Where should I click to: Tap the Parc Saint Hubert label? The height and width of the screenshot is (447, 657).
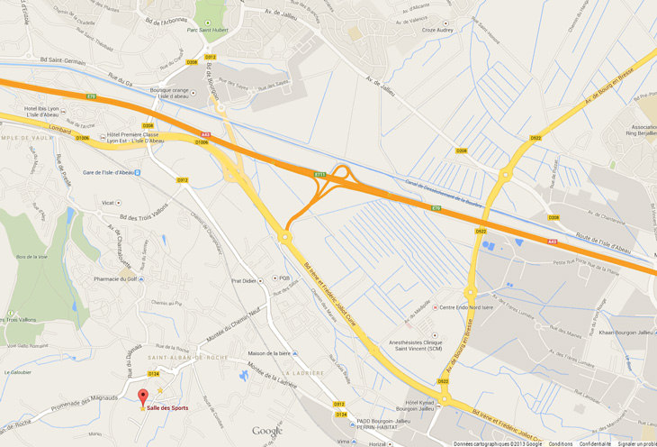[x=205, y=29]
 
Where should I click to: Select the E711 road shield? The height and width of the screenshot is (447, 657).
[x=319, y=174]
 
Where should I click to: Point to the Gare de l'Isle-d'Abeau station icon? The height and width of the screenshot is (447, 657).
[x=137, y=172]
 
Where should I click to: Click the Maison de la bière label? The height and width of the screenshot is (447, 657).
[x=269, y=352]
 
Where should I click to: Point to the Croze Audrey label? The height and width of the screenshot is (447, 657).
[x=437, y=30]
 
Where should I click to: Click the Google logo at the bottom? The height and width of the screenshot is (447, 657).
[x=267, y=431]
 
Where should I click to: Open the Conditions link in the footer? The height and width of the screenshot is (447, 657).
[x=561, y=443]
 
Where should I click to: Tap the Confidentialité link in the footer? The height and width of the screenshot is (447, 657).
[x=595, y=443]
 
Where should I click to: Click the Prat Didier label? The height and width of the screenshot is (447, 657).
[x=244, y=280]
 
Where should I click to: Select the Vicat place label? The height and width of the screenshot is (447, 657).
[x=108, y=203]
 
